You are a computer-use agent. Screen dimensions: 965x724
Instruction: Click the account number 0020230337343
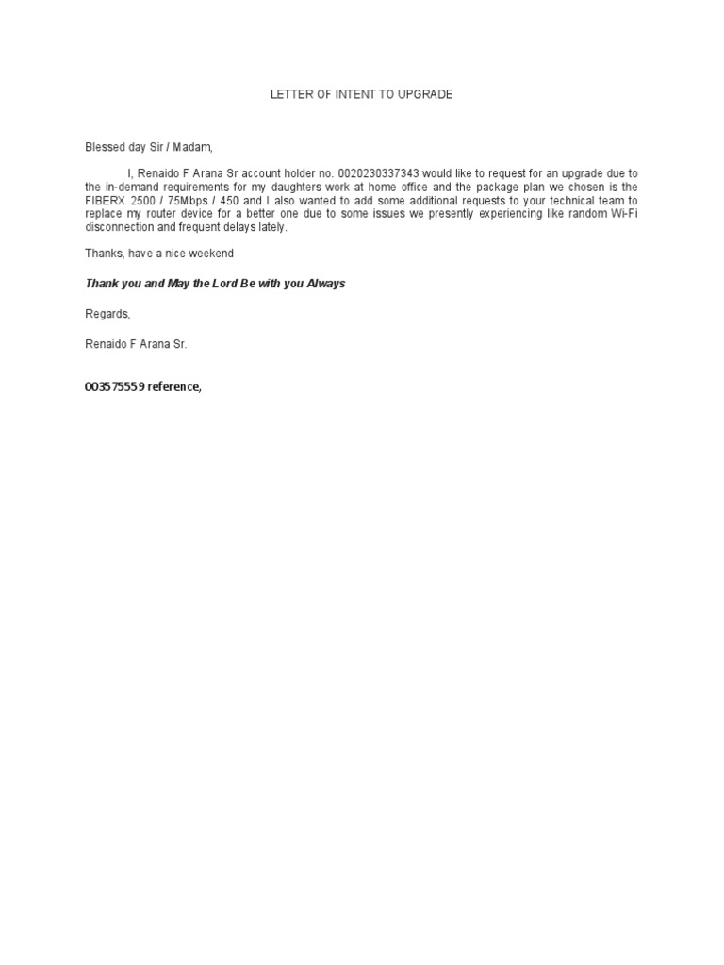coord(377,173)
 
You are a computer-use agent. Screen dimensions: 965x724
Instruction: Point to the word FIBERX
coord(104,201)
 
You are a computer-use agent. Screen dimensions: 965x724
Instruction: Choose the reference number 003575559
coord(114,387)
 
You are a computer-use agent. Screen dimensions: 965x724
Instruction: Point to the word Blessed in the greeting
coord(105,147)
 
